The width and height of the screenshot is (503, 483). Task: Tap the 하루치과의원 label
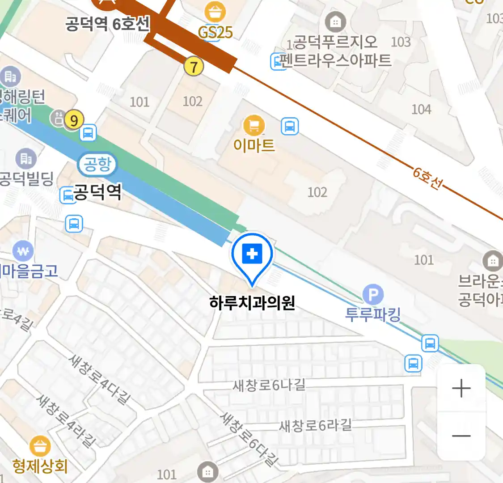click(x=252, y=303)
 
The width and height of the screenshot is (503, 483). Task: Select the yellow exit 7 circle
click(x=194, y=67)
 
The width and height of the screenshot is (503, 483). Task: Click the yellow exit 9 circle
click(x=74, y=120)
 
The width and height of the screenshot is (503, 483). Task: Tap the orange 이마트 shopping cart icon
click(x=254, y=126)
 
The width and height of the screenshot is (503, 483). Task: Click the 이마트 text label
click(x=254, y=145)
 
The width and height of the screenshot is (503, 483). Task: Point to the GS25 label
click(x=216, y=32)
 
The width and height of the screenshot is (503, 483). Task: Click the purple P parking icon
click(x=373, y=294)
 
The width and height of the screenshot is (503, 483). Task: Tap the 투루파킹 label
click(x=373, y=314)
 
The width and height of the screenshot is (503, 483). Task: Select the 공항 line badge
click(x=97, y=164)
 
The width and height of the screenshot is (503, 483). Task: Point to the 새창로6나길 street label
click(x=269, y=384)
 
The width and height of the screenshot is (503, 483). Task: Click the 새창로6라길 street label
click(x=315, y=425)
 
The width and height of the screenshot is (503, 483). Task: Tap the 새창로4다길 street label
click(x=100, y=379)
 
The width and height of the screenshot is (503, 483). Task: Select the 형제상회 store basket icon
click(x=40, y=447)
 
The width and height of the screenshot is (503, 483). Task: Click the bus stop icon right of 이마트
click(x=290, y=127)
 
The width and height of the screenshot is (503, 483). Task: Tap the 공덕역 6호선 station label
click(x=107, y=23)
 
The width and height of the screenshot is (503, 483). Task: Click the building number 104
click(x=421, y=109)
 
